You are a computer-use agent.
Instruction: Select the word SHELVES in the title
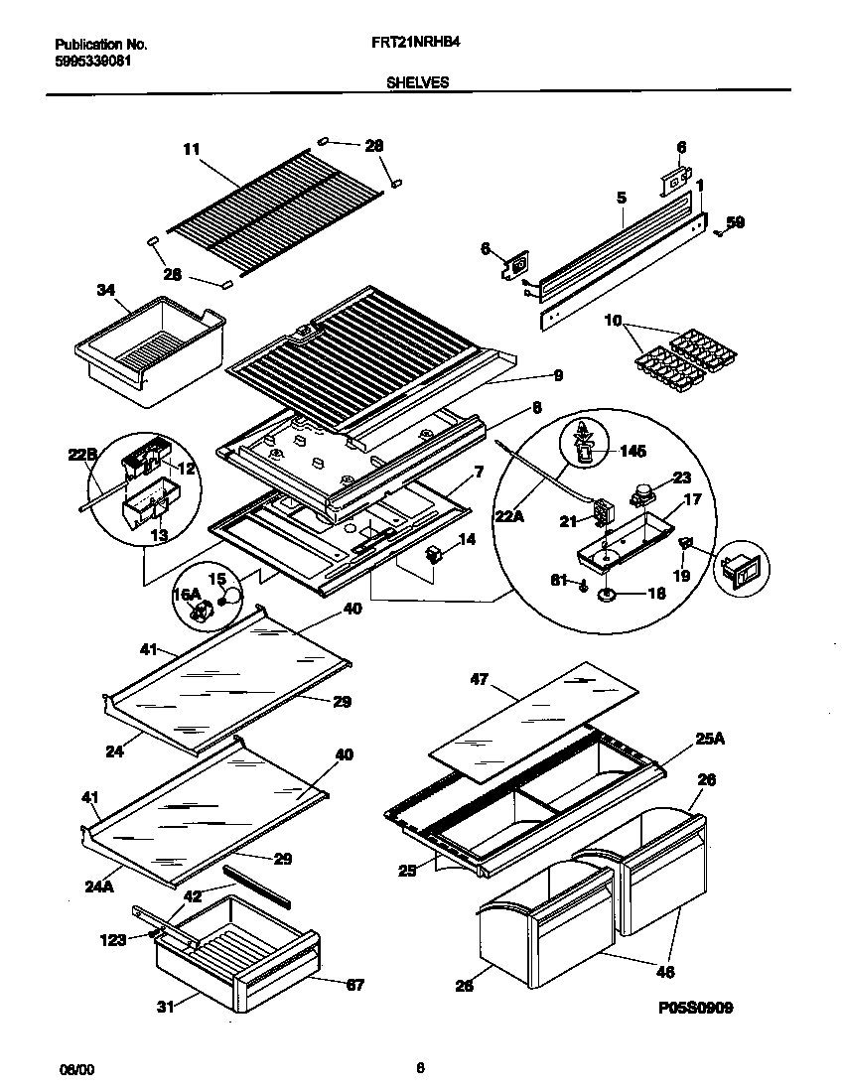[417, 83]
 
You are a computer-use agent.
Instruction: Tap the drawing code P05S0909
[695, 1008]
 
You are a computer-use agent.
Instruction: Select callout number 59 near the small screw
[735, 222]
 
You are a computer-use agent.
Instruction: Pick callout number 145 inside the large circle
[631, 451]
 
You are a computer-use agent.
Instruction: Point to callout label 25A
[708, 738]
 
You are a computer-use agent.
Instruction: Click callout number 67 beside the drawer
[354, 985]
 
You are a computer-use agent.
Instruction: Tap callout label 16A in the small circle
[188, 595]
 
